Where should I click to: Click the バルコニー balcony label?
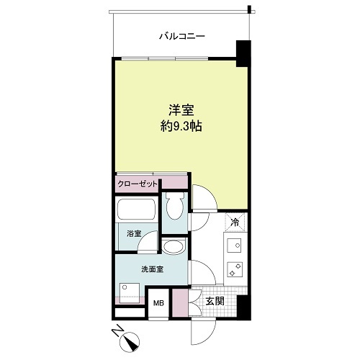[182, 36]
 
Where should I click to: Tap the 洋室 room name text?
[181, 110]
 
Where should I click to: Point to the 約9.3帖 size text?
[181, 126]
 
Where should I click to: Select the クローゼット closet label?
[138, 184]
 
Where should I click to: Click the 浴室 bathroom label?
[134, 233]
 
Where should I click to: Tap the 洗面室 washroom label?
[153, 269]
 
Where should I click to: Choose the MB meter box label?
[158, 303]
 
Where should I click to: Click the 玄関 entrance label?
[215, 301]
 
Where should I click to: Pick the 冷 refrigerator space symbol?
[235, 222]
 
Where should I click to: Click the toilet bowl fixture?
[175, 207]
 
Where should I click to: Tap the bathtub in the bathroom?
[136, 209]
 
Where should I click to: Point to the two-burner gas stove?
[235, 269]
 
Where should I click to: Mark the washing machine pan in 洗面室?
[130, 293]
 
